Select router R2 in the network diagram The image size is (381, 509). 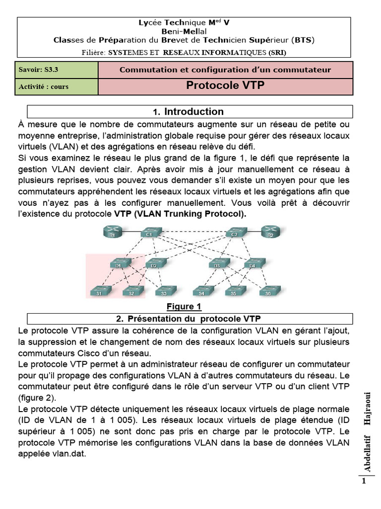tap(270, 233)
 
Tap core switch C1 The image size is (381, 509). tap(148, 233)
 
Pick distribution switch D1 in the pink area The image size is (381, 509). tap(119, 264)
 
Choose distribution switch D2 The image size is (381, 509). tap(154, 264)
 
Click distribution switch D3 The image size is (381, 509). tap(217, 264)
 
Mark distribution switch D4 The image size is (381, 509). tap(253, 264)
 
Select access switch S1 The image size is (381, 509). tap(99, 292)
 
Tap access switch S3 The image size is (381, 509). tap(163, 292)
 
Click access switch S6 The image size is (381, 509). tap(267, 292)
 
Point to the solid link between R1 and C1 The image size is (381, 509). tap(130, 233)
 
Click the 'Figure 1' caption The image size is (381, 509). tap(184, 307)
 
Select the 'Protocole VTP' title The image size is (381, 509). tap(225, 85)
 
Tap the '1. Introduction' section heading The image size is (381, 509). tap(189, 111)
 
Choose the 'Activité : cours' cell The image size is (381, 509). tap(44, 86)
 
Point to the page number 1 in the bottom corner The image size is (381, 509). tap(364, 481)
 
